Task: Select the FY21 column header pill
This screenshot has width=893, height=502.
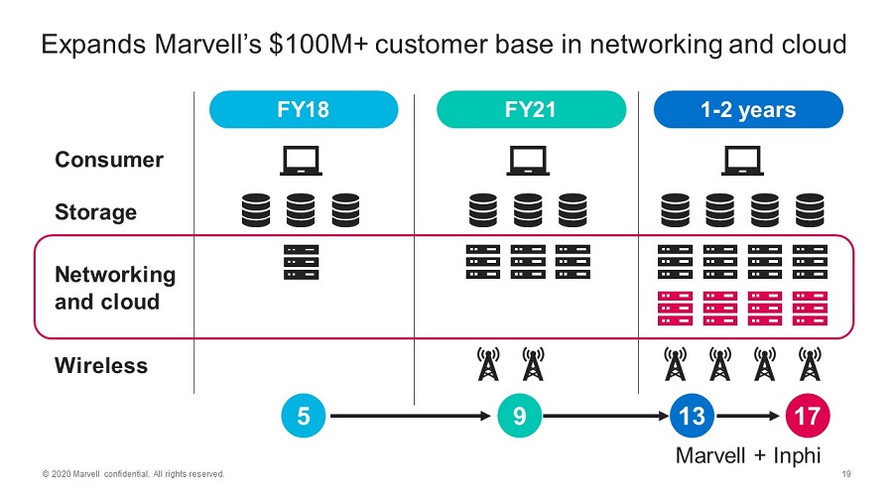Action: pos(532,109)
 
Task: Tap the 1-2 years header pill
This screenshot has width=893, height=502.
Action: pos(747,109)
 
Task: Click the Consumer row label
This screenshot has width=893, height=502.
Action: pos(109,160)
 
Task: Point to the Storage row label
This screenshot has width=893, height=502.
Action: pos(95,212)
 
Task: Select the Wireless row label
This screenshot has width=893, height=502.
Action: pos(101,365)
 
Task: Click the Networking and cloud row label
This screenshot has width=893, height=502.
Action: pos(114,288)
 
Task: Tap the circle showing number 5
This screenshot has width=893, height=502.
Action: pos(304,416)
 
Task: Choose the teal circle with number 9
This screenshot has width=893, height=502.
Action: pos(519,416)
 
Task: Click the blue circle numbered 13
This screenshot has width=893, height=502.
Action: pos(692,416)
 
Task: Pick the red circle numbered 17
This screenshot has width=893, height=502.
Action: pos(807,416)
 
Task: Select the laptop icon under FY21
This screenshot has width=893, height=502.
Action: pos(528,161)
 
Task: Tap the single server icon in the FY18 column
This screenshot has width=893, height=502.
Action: pos(301,261)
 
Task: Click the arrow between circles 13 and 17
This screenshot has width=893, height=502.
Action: pos(749,416)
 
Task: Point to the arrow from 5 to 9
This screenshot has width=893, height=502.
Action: pos(411,416)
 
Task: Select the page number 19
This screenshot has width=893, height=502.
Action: pos(846,474)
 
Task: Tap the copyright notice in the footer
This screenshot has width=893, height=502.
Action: pos(133,474)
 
